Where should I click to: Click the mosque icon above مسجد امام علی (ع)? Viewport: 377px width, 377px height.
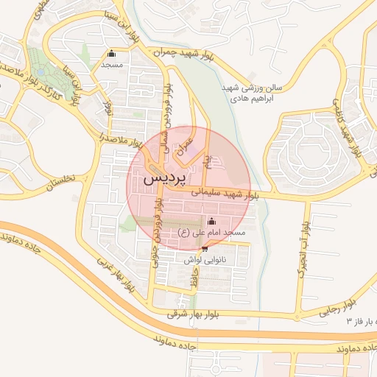pyautogui.click(x=212, y=221)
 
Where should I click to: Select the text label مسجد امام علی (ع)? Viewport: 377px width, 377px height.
pyautogui.click(x=211, y=233)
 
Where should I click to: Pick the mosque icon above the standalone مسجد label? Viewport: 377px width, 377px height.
pyautogui.click(x=111, y=53)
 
